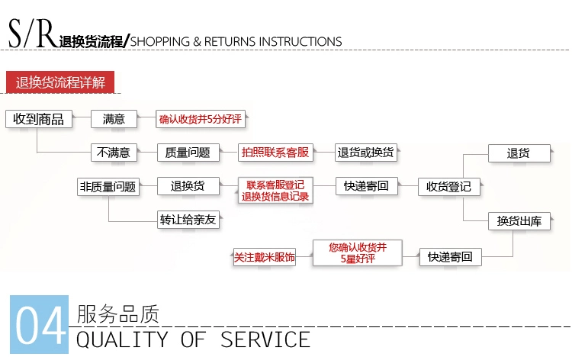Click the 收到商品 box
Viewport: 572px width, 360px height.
[39, 119]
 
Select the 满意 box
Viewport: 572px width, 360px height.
[114, 119]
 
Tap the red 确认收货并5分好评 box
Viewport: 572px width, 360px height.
[201, 119]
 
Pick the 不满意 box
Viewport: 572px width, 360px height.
[114, 153]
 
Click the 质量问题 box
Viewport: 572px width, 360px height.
[188, 153]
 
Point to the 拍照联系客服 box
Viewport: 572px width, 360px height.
[275, 153]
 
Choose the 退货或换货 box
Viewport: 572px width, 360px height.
[366, 153]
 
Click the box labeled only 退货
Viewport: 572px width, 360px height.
[519, 153]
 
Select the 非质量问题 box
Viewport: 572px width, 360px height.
[108, 187]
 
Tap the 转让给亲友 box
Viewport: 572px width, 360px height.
[188, 220]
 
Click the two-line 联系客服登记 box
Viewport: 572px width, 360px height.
[275, 191]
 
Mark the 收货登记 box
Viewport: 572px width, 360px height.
[448, 187]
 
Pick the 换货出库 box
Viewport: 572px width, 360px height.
[519, 221]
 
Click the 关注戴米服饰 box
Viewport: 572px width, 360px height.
[264, 257]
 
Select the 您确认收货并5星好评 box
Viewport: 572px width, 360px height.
[358, 252]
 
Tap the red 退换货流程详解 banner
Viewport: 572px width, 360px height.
[60, 82]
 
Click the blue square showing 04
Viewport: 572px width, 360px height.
[39, 324]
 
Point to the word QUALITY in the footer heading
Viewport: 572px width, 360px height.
[122, 339]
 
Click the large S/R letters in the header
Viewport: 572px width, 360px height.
[33, 34]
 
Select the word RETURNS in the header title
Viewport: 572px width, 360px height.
[230, 42]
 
